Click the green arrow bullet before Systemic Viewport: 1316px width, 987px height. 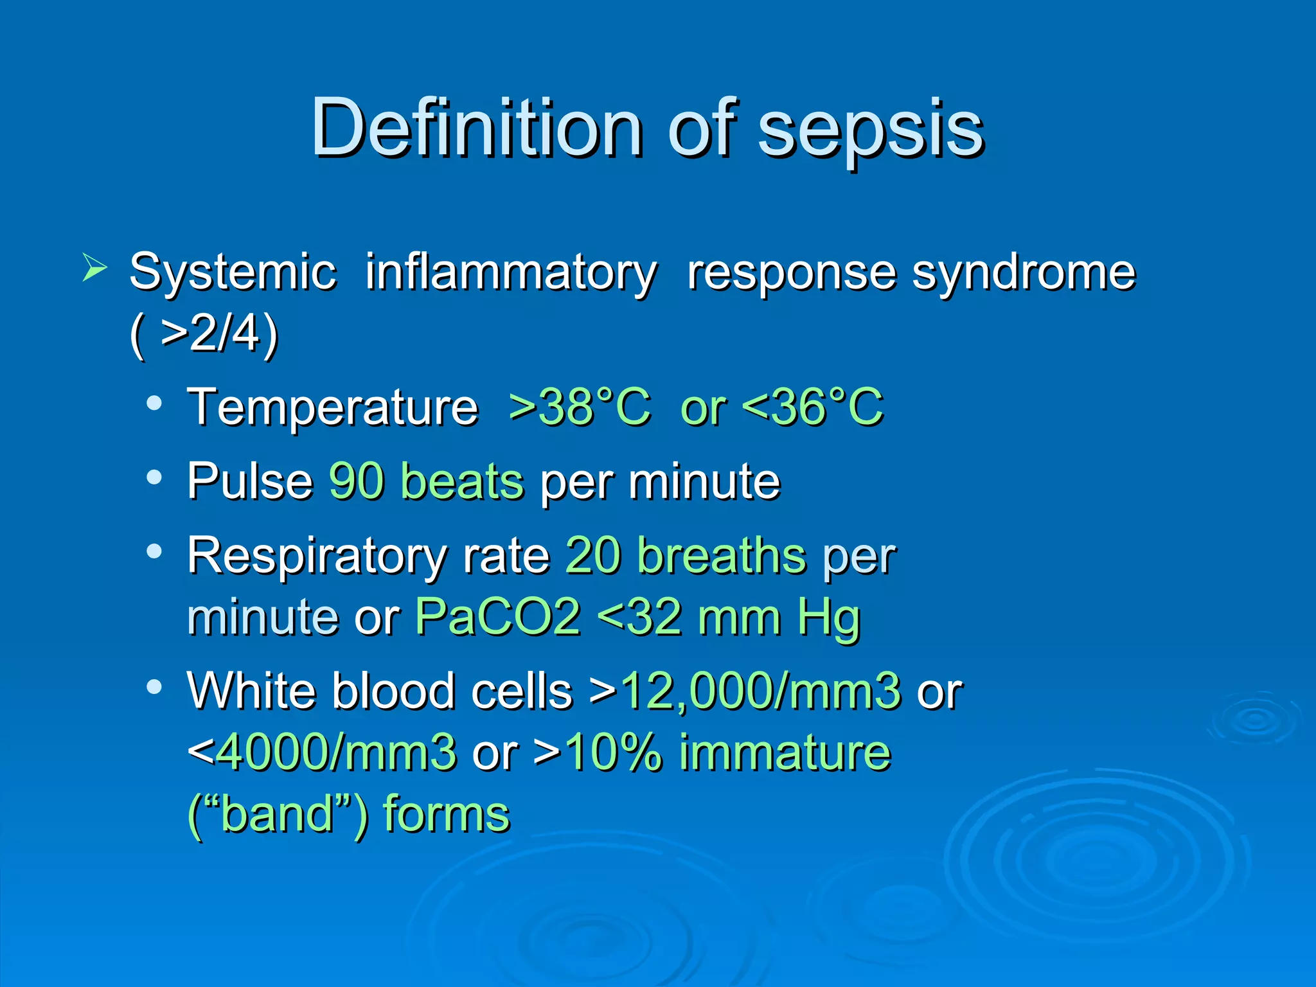94,268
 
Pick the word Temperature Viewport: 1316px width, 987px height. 333,409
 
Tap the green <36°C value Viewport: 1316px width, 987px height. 813,407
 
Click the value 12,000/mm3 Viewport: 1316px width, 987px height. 761,691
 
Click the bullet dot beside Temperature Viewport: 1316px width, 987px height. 154,404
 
